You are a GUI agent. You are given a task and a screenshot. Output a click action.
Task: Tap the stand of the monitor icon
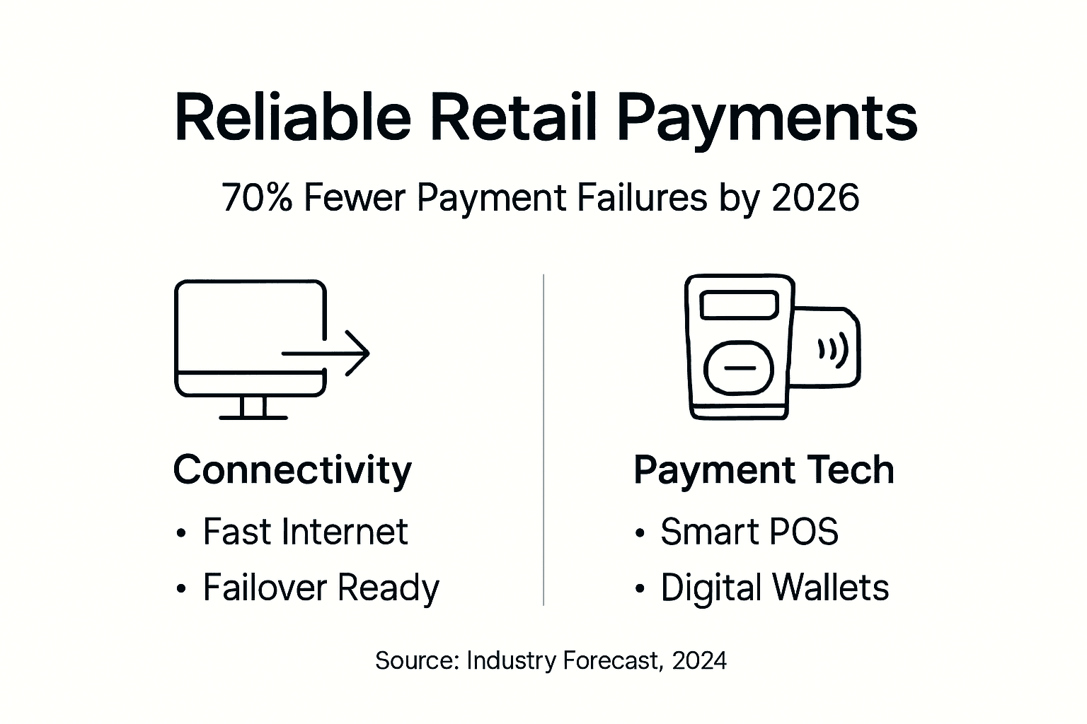click(x=253, y=408)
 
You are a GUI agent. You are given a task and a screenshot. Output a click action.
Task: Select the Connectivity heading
click(x=292, y=470)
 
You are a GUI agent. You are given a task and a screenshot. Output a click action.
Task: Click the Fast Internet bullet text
click(x=305, y=532)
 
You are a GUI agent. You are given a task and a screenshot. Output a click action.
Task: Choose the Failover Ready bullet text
click(x=321, y=588)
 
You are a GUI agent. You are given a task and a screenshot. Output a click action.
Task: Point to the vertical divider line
click(x=543, y=438)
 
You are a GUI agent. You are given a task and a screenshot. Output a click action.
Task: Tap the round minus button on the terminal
click(x=740, y=368)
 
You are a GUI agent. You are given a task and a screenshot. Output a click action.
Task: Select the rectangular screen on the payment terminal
click(x=739, y=305)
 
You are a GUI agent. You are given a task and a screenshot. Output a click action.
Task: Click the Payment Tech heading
click(x=764, y=470)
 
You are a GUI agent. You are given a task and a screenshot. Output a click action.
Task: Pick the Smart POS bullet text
click(x=749, y=532)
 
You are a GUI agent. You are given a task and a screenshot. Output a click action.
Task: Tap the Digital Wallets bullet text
click(x=774, y=588)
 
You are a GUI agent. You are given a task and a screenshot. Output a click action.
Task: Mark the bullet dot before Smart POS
click(x=640, y=534)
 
